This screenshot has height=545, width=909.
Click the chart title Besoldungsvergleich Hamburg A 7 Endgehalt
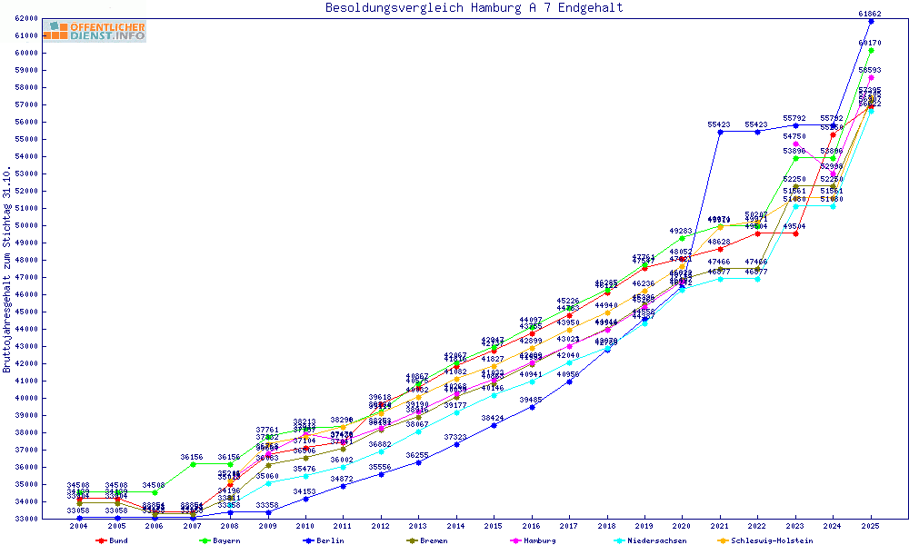point(474,8)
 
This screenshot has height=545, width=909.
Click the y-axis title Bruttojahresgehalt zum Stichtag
point(8,269)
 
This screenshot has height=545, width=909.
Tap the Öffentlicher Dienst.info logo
point(99,32)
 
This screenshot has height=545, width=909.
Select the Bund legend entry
point(113,540)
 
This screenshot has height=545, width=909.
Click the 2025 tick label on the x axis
point(871,526)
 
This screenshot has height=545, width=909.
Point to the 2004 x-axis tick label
point(79,526)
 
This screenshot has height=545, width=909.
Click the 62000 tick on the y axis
point(25,18)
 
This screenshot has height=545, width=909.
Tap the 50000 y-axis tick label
point(25,225)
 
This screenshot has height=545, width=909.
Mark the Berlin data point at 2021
point(720,132)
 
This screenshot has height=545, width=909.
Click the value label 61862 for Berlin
point(871,14)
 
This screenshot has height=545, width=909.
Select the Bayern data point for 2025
point(871,50)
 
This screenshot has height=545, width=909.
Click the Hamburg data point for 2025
point(871,77)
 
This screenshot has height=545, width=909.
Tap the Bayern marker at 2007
point(193,464)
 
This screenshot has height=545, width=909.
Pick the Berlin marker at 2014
point(456,444)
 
